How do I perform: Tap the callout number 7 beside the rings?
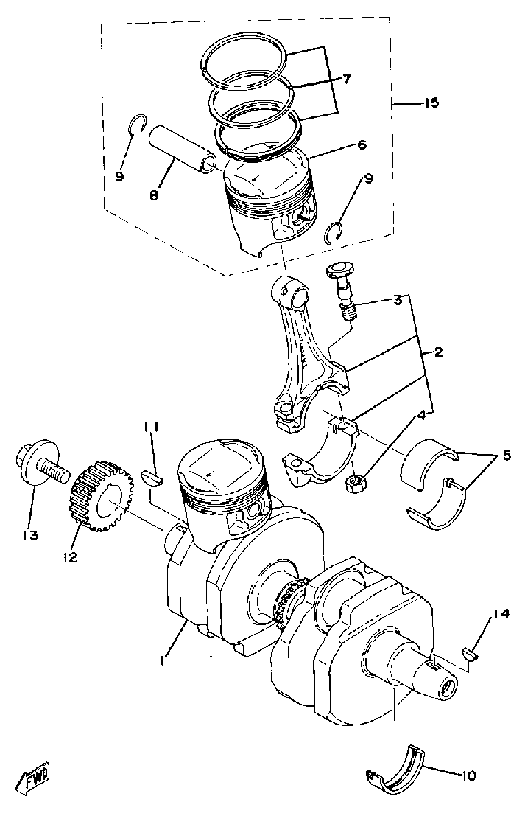click(x=348, y=77)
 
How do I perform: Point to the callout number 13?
click(x=29, y=534)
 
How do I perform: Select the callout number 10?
click(x=470, y=775)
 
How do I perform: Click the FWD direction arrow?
click(x=35, y=778)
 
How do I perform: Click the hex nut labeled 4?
click(x=356, y=484)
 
